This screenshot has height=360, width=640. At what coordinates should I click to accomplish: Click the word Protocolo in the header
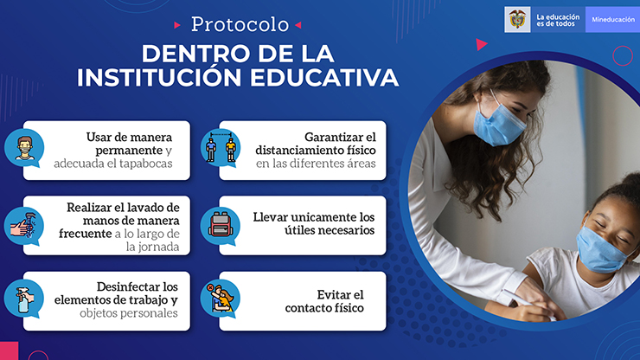tap(240, 24)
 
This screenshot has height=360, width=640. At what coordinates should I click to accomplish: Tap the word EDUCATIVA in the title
tap(324, 77)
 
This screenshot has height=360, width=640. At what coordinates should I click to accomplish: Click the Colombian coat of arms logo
tap(517, 19)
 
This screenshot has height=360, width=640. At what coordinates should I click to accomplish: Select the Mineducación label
tap(613, 20)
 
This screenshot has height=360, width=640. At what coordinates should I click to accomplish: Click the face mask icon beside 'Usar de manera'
tap(24, 148)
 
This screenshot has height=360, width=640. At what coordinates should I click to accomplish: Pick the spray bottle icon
tap(24, 300)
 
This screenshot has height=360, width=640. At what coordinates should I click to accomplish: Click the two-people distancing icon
tap(221, 147)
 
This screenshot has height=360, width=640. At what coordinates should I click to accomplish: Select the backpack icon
tap(221, 225)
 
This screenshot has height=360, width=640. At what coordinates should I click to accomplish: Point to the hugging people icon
tap(221, 299)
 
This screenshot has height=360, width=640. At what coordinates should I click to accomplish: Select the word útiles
tap(299, 230)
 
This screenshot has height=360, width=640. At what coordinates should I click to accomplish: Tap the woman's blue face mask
tap(499, 123)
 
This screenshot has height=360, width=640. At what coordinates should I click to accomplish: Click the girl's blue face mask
tap(601, 249)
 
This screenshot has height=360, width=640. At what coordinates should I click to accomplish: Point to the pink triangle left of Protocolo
tap(177, 25)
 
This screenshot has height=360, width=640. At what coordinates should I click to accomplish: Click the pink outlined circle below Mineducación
tap(623, 55)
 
